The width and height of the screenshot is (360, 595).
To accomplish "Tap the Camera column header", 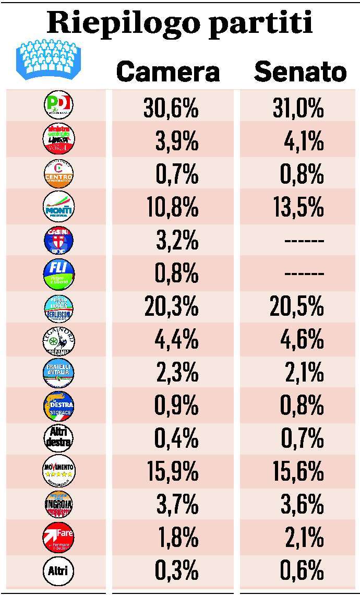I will (167, 72).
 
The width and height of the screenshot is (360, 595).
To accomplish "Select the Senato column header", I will (300, 72).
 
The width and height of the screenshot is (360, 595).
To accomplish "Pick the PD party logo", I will (58, 104).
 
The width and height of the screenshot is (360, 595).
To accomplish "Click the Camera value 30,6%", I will (171, 109).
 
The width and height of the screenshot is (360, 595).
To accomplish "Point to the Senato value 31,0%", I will (298, 109).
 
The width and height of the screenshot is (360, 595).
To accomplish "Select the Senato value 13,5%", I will (298, 208).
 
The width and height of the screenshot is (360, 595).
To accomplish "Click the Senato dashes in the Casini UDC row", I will (305, 241).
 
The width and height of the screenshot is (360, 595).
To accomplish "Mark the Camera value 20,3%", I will (171, 307).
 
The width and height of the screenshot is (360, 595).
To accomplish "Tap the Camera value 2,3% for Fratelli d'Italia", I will (177, 373).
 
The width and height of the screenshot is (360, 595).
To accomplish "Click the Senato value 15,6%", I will (298, 472).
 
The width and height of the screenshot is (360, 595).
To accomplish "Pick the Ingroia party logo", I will (58, 504).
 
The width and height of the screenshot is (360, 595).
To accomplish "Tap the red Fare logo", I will (58, 537).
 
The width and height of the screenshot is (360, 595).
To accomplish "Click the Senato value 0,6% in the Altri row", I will (302, 570).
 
